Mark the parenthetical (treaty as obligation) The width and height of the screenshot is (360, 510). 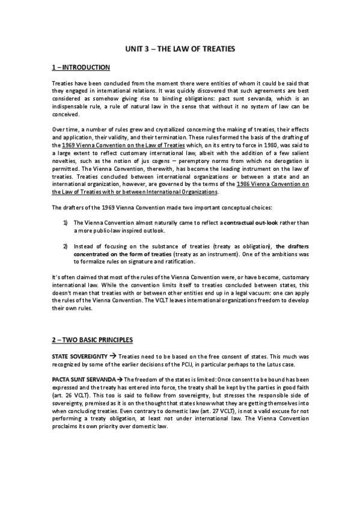[x=237, y=246]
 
